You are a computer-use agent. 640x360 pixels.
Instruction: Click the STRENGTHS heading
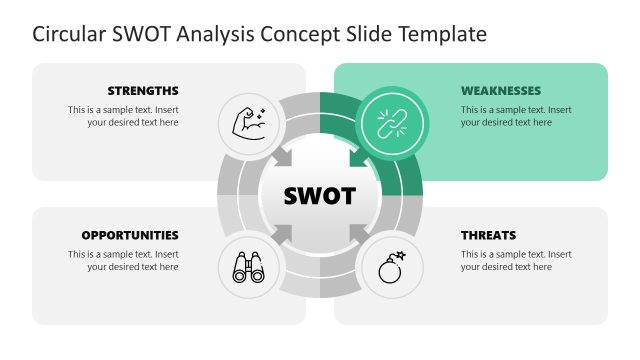pos(143,90)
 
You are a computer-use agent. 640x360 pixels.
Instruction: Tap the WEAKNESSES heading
pos(501,90)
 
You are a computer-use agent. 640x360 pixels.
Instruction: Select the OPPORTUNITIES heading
pos(130,235)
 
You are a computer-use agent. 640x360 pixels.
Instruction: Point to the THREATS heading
pos(488,235)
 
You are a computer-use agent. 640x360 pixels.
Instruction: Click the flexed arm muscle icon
pos(248,124)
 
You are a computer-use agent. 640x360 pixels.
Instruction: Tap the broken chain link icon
pos(390,124)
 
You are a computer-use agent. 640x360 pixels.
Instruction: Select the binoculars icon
pos(248,266)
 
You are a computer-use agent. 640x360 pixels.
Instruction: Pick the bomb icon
pos(390,266)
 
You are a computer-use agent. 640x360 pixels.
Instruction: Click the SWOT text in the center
pos(319,196)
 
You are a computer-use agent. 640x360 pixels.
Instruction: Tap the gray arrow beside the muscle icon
pos(284,158)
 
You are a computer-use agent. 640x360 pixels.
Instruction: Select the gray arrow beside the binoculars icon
pos(284,233)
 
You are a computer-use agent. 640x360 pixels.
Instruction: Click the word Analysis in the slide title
pos(214,35)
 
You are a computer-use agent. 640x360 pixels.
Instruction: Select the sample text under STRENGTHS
pos(123,116)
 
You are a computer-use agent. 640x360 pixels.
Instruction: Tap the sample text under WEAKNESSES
pos(516,116)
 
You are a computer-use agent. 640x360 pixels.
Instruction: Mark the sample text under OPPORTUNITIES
pos(123,261)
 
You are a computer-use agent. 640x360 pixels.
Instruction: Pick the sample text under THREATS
pos(516,261)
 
